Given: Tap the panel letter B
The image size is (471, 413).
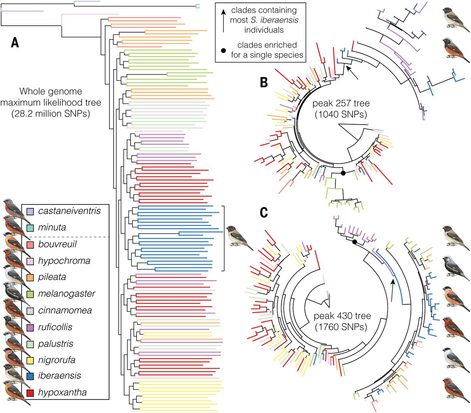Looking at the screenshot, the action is (x=264, y=82).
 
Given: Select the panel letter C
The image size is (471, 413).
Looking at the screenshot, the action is (x=264, y=212).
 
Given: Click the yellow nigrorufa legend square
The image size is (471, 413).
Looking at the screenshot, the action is (x=30, y=360).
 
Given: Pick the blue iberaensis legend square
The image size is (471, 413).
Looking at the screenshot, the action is (x=30, y=376).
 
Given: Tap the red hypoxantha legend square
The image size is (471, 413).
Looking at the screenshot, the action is (x=30, y=393).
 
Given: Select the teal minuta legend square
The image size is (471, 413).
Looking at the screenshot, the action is (x=30, y=228).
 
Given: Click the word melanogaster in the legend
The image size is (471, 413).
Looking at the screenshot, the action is (x=67, y=294).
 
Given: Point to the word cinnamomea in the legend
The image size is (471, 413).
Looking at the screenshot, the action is (x=65, y=310).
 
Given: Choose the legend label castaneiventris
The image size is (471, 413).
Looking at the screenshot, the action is (x=70, y=211).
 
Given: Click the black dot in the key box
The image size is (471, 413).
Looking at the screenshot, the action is (x=223, y=50).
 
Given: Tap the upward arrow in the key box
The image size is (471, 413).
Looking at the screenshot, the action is (x=223, y=21).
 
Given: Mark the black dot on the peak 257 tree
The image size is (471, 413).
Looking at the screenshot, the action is (x=343, y=173).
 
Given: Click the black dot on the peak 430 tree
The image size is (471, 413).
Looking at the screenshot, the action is (x=354, y=242).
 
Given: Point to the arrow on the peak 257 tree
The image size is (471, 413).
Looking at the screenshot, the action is (x=352, y=72).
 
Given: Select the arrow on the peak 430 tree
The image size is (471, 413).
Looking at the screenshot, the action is (x=392, y=291).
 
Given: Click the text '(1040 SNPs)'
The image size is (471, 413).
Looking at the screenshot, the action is (x=341, y=114).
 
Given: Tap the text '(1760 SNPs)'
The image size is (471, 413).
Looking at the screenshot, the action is (x=341, y=327).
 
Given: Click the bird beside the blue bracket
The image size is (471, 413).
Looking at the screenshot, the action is (x=240, y=238).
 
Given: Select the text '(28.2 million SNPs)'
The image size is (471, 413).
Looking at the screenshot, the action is (x=51, y=114).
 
